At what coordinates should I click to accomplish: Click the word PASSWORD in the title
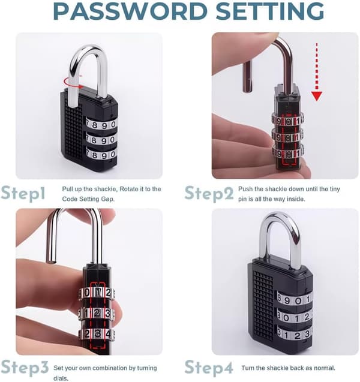(130, 11)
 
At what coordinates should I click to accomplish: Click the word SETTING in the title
(270, 11)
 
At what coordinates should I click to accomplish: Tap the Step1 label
(23, 194)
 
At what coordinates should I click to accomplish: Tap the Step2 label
(209, 194)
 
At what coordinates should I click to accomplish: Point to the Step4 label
(209, 367)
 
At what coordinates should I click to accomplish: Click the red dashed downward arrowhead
(317, 96)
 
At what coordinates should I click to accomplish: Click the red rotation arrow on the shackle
(73, 82)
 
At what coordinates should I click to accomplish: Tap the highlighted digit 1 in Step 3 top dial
(98, 293)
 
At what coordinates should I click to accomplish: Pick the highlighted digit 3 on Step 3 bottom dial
(97, 333)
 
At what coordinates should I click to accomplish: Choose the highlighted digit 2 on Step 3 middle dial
(97, 313)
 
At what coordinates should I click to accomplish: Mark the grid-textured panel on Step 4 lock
(263, 306)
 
